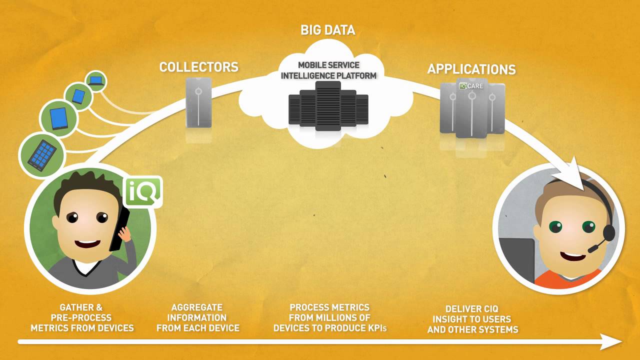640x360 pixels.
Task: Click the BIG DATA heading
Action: [x=327, y=30]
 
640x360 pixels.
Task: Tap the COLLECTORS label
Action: [x=199, y=67]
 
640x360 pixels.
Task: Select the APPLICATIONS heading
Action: [x=471, y=69]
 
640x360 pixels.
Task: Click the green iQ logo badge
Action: [x=143, y=191]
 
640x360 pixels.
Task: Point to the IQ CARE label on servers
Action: [x=471, y=86]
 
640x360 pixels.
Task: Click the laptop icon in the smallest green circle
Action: [x=96, y=81]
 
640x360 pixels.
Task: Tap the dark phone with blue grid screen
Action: [x=42, y=155]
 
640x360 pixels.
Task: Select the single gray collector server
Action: [x=198, y=102]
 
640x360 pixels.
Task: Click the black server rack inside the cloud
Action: [x=328, y=106]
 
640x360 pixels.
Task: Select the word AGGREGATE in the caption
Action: [x=197, y=307]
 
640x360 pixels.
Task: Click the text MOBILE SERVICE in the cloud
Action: [x=328, y=65]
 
